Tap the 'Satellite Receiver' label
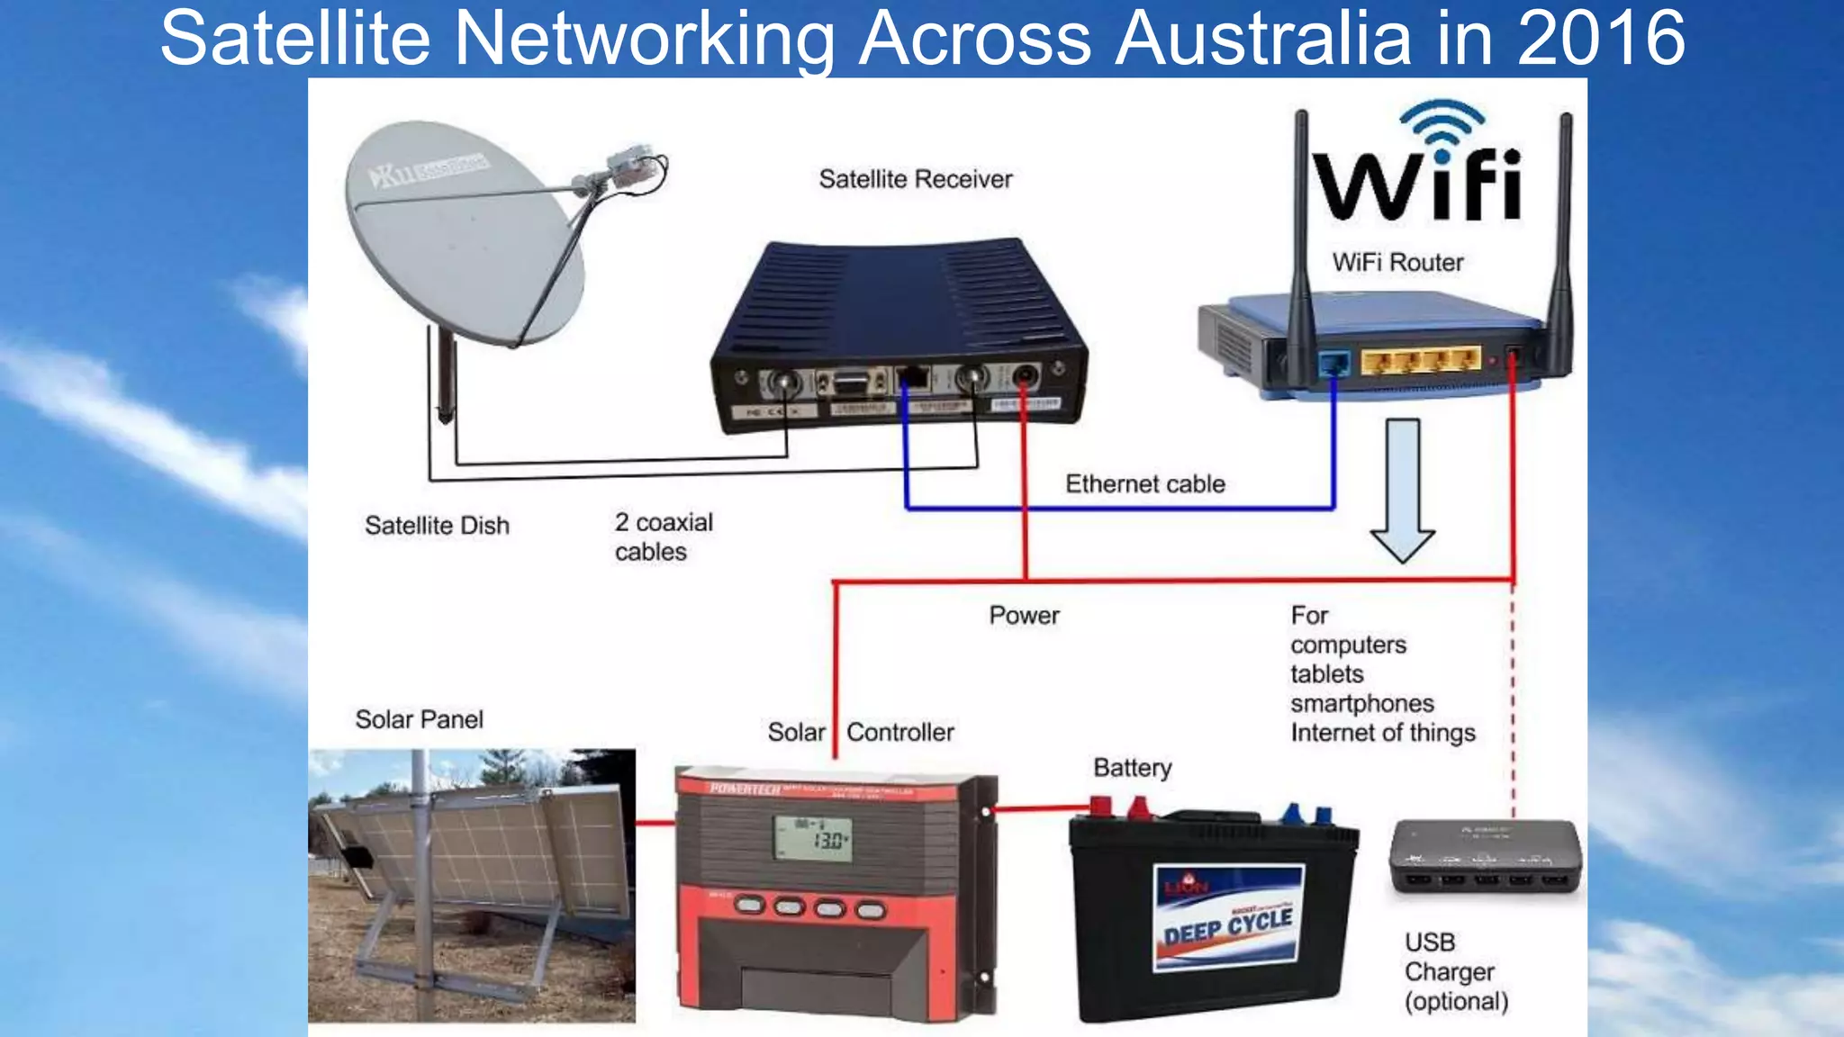coord(915,179)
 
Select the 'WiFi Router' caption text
coord(1397,262)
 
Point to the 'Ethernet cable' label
coord(1144,484)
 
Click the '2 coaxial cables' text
coord(663,537)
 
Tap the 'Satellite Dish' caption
coord(437,526)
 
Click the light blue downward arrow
coord(1402,491)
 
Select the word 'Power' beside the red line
coord(1024,616)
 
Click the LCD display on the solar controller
coord(813,838)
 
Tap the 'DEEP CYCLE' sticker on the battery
coord(1227,919)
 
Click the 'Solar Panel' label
coord(419,719)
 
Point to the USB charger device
coord(1485,856)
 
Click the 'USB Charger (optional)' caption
coord(1455,972)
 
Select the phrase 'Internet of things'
coord(1382,733)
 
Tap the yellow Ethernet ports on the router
coord(1419,360)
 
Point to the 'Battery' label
coord(1132,768)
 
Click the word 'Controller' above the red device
coord(899,733)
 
